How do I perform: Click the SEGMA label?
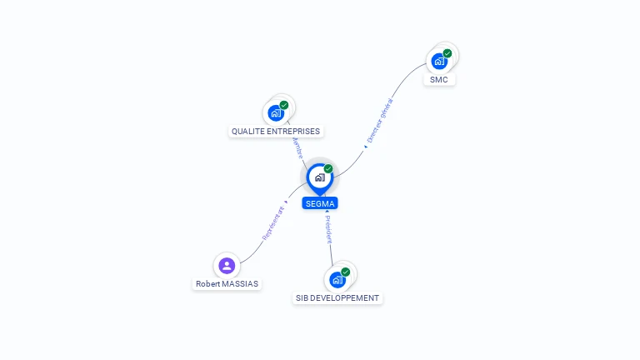point(320,203)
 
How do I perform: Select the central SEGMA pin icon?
point(319,177)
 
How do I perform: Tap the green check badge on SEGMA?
point(328,168)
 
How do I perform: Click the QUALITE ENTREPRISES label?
point(275,131)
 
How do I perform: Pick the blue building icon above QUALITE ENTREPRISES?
point(275,113)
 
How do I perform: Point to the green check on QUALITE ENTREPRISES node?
point(284,105)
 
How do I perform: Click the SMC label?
point(438,80)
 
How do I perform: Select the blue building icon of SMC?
point(438,62)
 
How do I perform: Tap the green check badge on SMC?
point(447,53)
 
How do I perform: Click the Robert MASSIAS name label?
point(227,283)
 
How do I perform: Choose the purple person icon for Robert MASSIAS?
point(227,266)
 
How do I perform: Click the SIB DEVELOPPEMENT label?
point(337,297)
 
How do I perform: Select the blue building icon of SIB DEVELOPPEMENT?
point(337,280)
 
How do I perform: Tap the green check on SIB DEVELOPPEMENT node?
point(346,272)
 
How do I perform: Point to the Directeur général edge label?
point(380,122)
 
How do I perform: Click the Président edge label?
point(328,228)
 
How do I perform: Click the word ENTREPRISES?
point(293,131)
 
